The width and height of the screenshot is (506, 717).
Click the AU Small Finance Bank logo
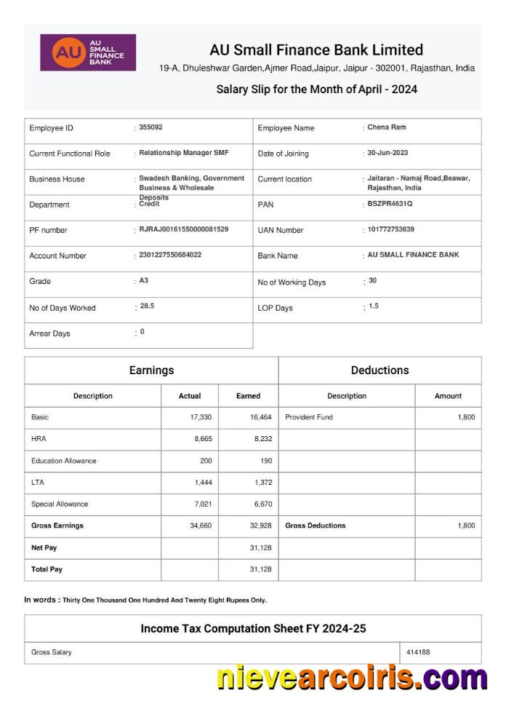coord(87,52)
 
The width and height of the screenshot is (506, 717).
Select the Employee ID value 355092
coord(150,127)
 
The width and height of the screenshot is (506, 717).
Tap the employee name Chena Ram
coord(387,127)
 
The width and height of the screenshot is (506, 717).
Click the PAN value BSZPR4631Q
coord(390,204)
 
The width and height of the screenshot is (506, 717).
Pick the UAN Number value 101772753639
coord(391,229)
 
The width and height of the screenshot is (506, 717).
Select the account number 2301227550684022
coord(170,255)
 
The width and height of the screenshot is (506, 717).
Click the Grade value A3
coord(143,280)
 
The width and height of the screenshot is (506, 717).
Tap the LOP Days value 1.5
coord(374,306)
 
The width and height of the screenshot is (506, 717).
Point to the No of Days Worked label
coord(63,308)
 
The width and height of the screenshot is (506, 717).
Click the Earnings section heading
coord(151,371)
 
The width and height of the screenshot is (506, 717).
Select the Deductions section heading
coord(379,371)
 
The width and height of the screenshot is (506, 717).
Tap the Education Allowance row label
coord(64,461)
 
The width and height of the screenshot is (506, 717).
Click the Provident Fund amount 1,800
coord(466,417)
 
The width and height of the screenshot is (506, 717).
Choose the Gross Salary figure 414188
coord(418,652)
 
